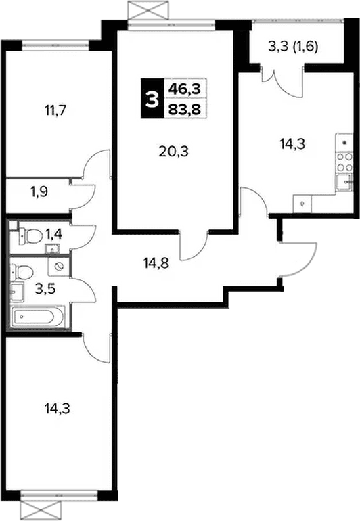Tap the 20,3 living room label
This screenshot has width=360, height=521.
coord(174,152)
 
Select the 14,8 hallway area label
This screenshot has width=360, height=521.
coord(156,263)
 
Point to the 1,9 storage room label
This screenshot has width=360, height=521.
coord(39,191)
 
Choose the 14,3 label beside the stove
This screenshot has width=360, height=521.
coord(292,145)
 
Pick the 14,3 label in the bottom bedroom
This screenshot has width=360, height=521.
coord(57,409)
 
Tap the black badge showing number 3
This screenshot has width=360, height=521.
coord(152,99)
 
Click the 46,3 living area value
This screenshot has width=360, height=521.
coord(185,89)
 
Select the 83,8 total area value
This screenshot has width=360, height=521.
coord(185,109)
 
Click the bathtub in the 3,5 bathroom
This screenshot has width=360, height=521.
coord(37,317)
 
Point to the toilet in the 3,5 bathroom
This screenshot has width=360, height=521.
coord(23,272)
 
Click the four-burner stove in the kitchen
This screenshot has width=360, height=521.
coord(344,162)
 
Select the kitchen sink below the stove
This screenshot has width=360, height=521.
coord(344,181)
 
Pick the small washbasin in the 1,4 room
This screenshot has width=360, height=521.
coord(51,248)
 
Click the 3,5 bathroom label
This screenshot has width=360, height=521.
coord(45,290)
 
